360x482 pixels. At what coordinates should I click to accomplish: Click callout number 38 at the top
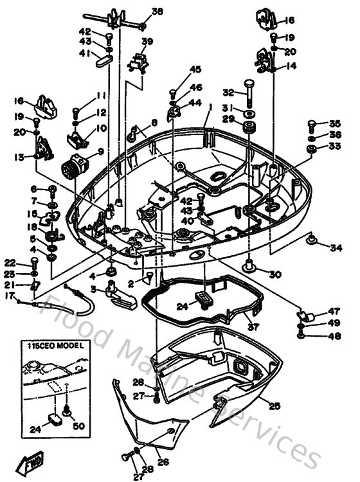(158, 11)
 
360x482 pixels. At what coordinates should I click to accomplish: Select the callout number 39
(147, 42)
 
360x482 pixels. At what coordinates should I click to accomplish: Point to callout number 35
(335, 123)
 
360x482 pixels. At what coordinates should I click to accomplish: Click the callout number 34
(336, 247)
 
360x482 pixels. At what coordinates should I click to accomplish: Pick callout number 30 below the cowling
(275, 274)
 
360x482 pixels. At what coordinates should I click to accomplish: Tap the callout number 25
(274, 406)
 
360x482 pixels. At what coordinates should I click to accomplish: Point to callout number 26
(163, 461)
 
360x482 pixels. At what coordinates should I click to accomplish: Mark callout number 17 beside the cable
(10, 296)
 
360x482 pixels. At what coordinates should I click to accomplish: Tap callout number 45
(195, 69)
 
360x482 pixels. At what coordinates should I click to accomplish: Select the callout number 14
(291, 66)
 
